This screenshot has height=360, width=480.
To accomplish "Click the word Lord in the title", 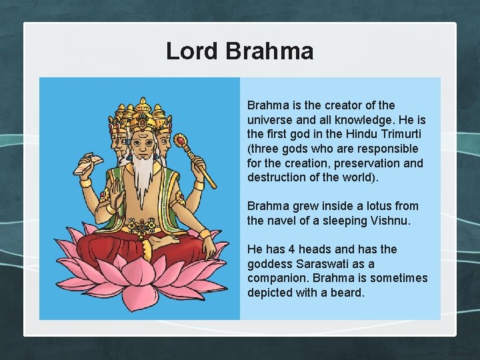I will tap(192, 51).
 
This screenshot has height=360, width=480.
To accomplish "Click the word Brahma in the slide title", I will tap(269, 51).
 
